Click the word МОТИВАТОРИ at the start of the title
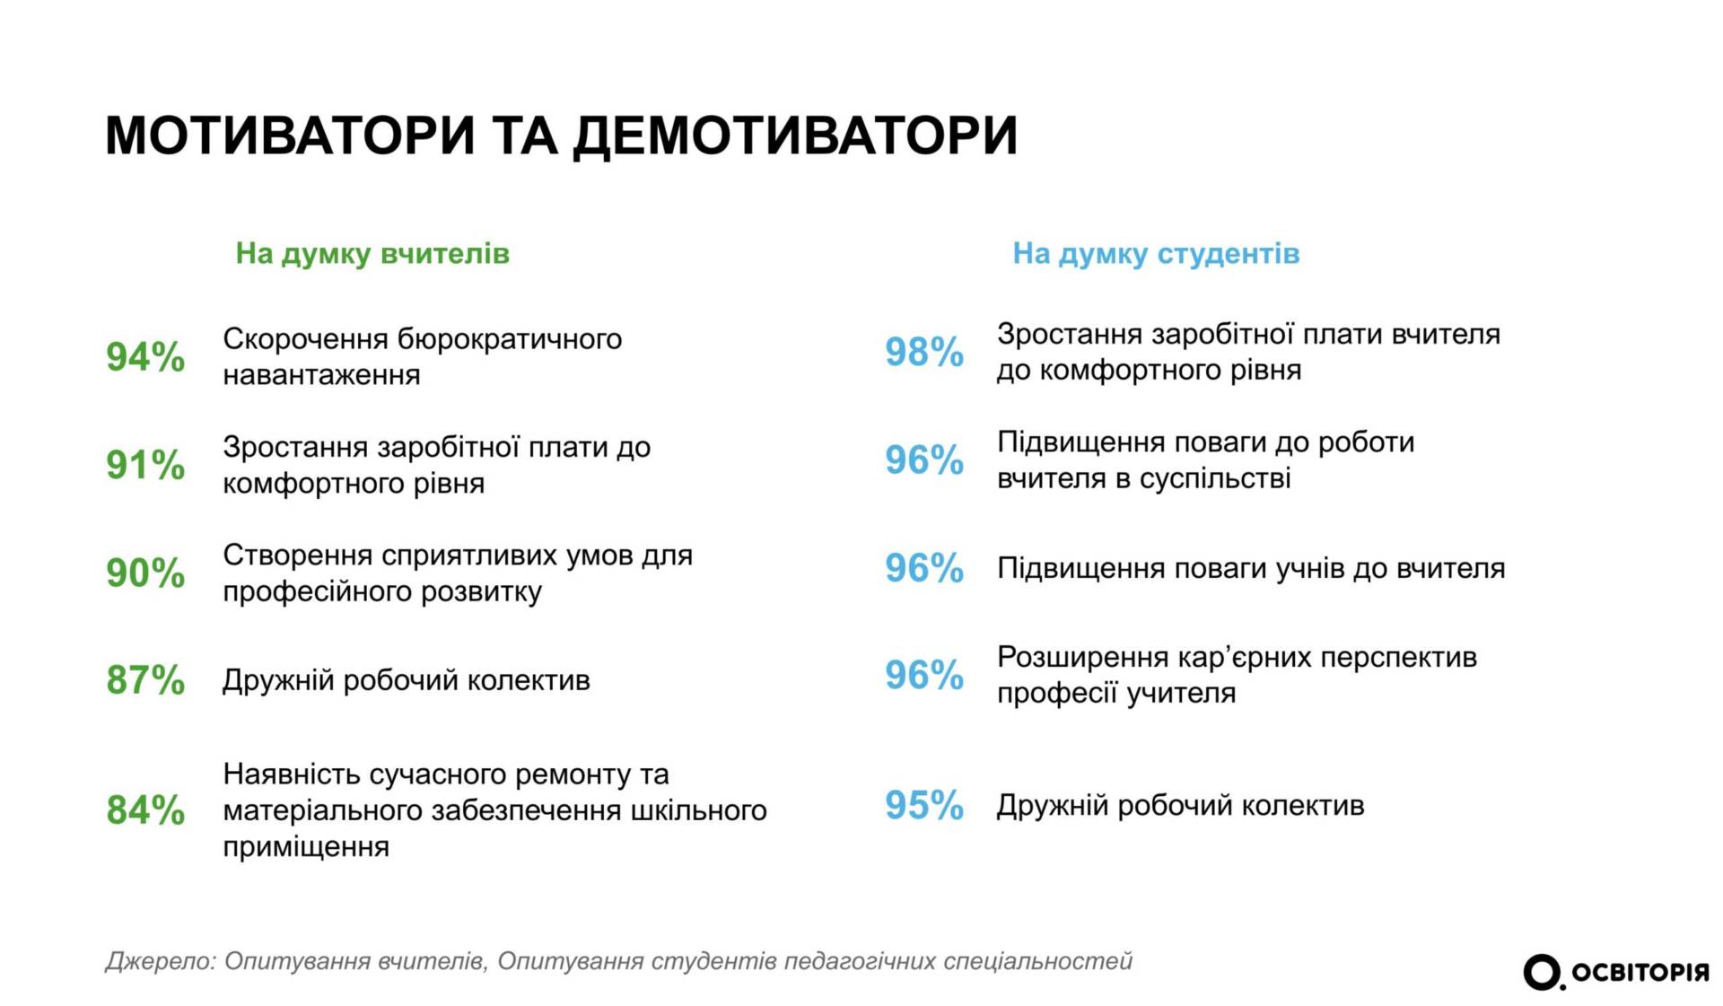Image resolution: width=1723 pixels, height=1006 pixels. point(289,136)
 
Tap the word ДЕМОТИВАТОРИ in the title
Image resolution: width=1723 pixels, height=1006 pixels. point(795,137)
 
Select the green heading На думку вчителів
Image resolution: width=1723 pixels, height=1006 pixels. point(372,254)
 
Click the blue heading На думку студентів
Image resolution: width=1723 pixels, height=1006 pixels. point(1156,254)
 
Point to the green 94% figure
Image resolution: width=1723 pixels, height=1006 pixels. point(145,357)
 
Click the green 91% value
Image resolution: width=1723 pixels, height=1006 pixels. point(145,465)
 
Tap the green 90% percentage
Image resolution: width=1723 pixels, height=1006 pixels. point(145,573)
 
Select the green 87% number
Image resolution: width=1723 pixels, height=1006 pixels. point(145,680)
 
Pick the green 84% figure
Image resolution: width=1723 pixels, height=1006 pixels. point(145,809)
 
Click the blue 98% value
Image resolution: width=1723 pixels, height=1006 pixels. point(924,352)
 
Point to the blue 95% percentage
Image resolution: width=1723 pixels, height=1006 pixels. point(924,805)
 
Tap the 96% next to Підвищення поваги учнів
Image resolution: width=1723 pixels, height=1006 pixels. point(924,568)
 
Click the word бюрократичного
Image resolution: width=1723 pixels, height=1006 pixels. point(509,339)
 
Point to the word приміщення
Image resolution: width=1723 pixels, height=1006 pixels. point(306,846)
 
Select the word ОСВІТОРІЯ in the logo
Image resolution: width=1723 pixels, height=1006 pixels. point(1640,973)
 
